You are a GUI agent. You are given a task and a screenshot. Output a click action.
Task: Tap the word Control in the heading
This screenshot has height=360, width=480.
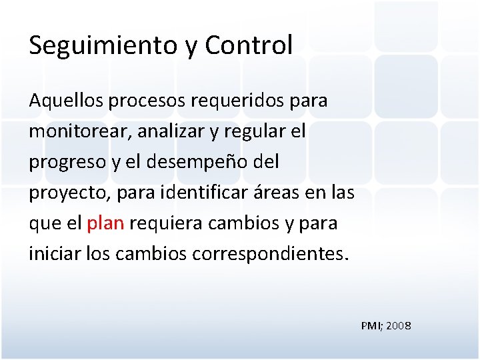(249, 45)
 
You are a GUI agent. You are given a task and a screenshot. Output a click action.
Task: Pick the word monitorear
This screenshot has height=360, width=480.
(79, 132)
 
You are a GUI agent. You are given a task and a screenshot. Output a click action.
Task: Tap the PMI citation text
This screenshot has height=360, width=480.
(371, 326)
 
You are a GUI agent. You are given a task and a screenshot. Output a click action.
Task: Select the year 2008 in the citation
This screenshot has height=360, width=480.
(398, 326)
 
